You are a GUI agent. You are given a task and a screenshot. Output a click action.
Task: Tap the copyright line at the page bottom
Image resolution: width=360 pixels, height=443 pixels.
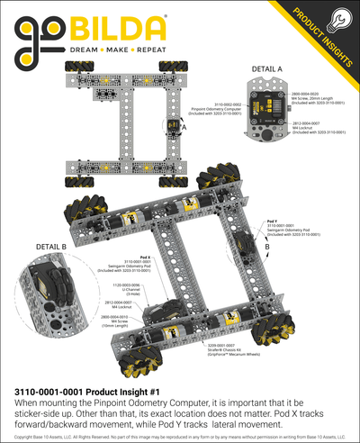(x=180, y=437)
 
